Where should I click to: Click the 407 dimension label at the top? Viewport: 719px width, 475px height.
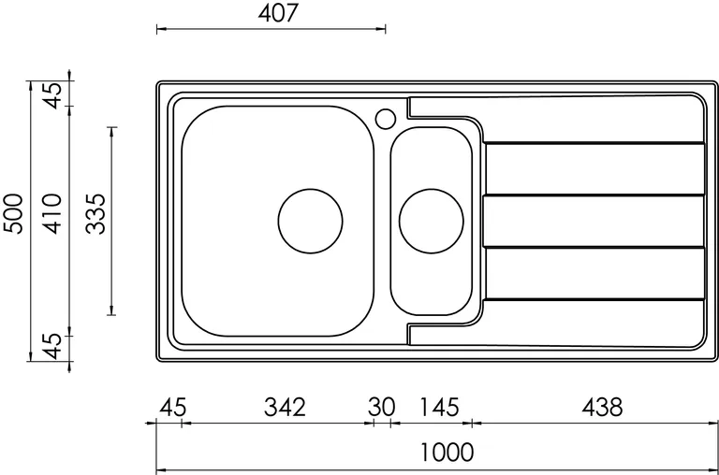click(x=278, y=13)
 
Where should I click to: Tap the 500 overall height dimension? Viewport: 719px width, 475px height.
click(x=13, y=214)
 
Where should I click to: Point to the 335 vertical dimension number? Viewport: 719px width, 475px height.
click(x=96, y=214)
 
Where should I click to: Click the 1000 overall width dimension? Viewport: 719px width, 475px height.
click(x=448, y=453)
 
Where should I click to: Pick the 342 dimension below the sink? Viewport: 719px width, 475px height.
click(x=285, y=407)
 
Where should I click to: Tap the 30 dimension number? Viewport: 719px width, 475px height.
click(x=381, y=407)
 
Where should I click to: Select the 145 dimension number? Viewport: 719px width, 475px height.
click(x=439, y=407)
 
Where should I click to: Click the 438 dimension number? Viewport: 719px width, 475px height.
click(x=602, y=407)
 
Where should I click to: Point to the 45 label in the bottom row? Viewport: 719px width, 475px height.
click(x=173, y=407)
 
